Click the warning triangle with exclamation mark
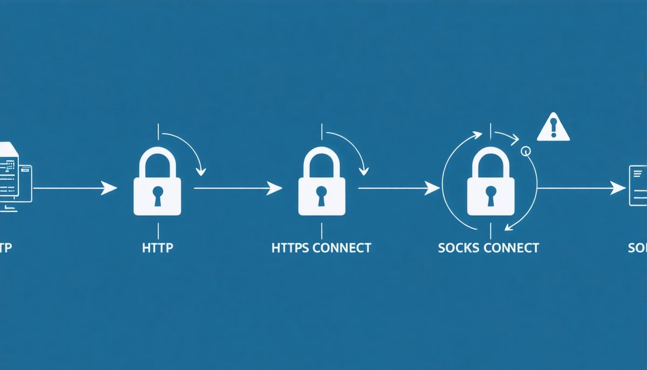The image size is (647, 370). pos(553,128)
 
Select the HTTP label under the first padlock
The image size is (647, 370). pos(157,248)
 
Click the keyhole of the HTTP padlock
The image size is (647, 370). pos(157,195)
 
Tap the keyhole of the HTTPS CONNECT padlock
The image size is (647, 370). pos(322,195)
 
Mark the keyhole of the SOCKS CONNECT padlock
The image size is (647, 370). pos(490,195)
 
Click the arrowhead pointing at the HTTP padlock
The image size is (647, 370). pos(111,188)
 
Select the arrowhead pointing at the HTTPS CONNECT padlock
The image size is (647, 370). pos(276,188)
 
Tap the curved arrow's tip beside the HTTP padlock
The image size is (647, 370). pos(202,172)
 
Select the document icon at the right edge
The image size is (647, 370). pos(638,186)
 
